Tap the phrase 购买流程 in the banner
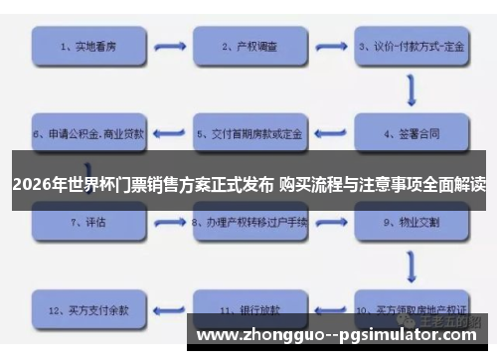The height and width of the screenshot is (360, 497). (x=312, y=184)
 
